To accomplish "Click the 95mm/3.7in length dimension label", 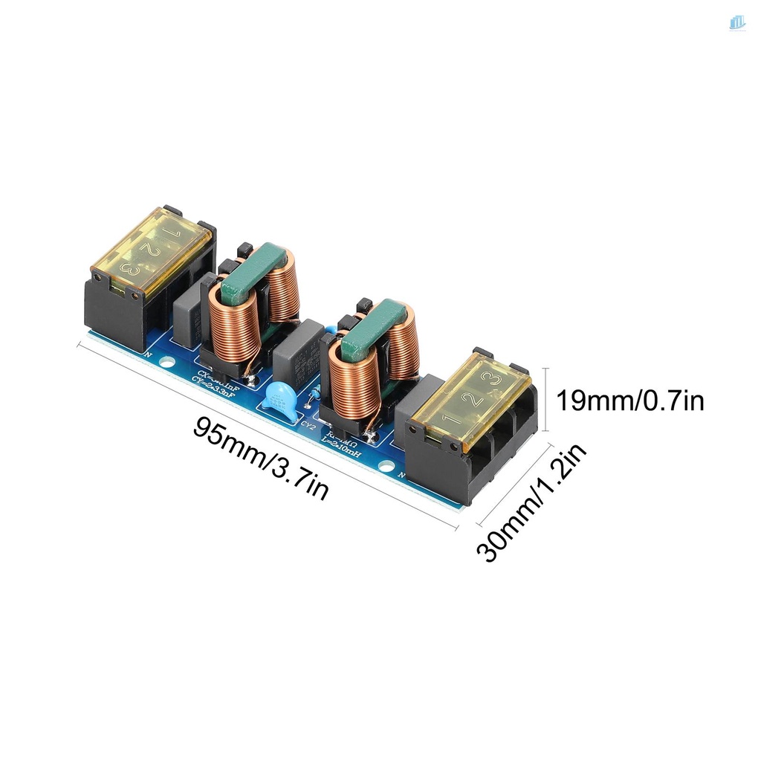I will pyautogui.click(x=260, y=458).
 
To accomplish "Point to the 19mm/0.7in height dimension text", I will pyautogui.click(x=630, y=401).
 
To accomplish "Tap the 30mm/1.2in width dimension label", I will pyautogui.click(x=532, y=502).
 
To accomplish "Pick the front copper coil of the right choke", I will pyautogui.click(x=349, y=386).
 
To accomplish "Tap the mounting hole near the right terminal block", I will pyautogui.click(x=384, y=467).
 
